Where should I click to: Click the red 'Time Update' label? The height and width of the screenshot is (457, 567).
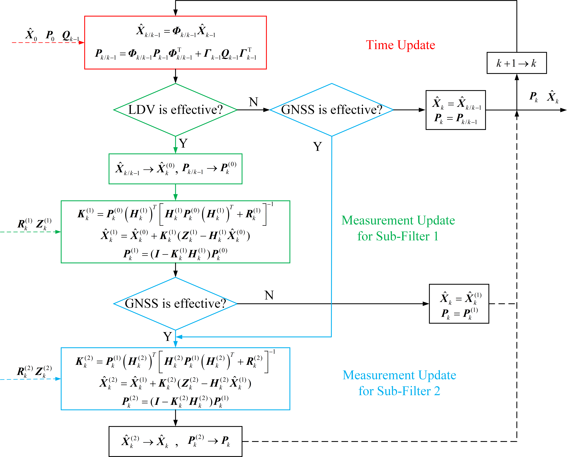click(400, 45)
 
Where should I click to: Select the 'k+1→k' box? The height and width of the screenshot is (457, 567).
click(516, 63)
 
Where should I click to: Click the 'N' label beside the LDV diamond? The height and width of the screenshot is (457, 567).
click(253, 102)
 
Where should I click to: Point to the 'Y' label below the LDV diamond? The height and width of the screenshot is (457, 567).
click(183, 143)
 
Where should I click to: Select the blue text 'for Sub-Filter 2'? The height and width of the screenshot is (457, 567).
click(399, 391)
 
